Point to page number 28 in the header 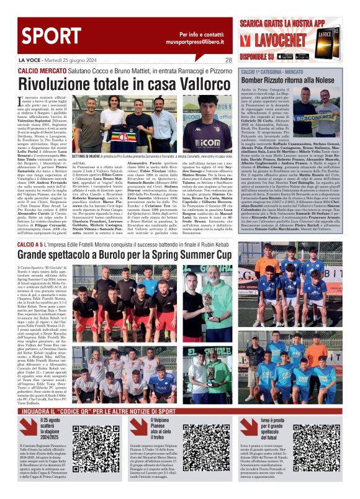point(228,60)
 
